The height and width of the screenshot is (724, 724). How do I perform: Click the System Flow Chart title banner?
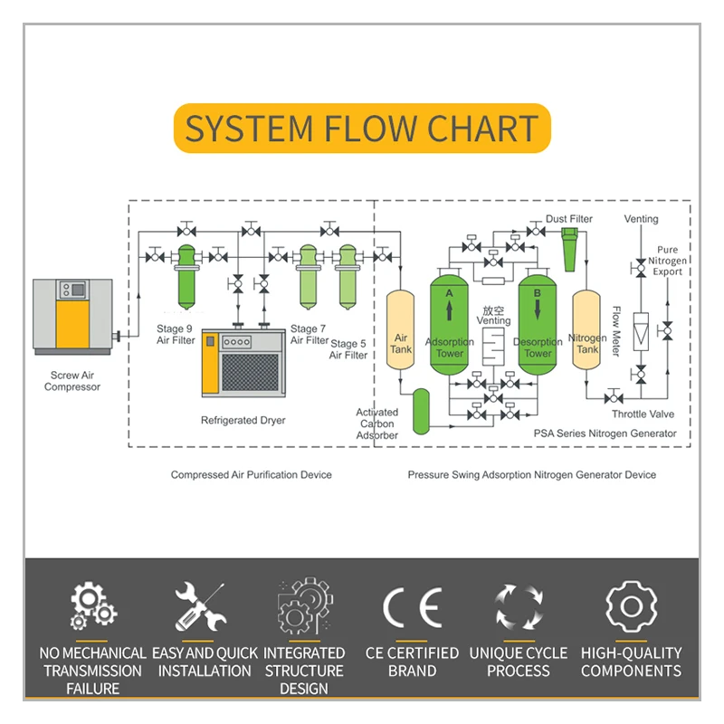(x=362, y=129)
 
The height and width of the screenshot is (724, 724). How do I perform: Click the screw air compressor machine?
(x=72, y=316)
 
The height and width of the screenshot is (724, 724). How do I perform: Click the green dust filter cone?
(x=569, y=248)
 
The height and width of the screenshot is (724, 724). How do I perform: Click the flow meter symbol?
(x=641, y=331)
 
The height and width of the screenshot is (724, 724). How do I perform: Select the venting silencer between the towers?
(x=493, y=349)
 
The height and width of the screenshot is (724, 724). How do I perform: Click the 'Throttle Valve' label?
(x=643, y=414)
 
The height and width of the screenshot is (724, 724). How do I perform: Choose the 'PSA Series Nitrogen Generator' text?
(x=605, y=433)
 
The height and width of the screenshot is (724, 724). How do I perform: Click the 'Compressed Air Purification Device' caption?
(x=251, y=475)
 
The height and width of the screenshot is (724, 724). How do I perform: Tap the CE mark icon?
(x=413, y=607)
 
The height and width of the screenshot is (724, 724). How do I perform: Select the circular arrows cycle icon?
(x=519, y=607)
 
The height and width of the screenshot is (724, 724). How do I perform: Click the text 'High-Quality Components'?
(x=631, y=662)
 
